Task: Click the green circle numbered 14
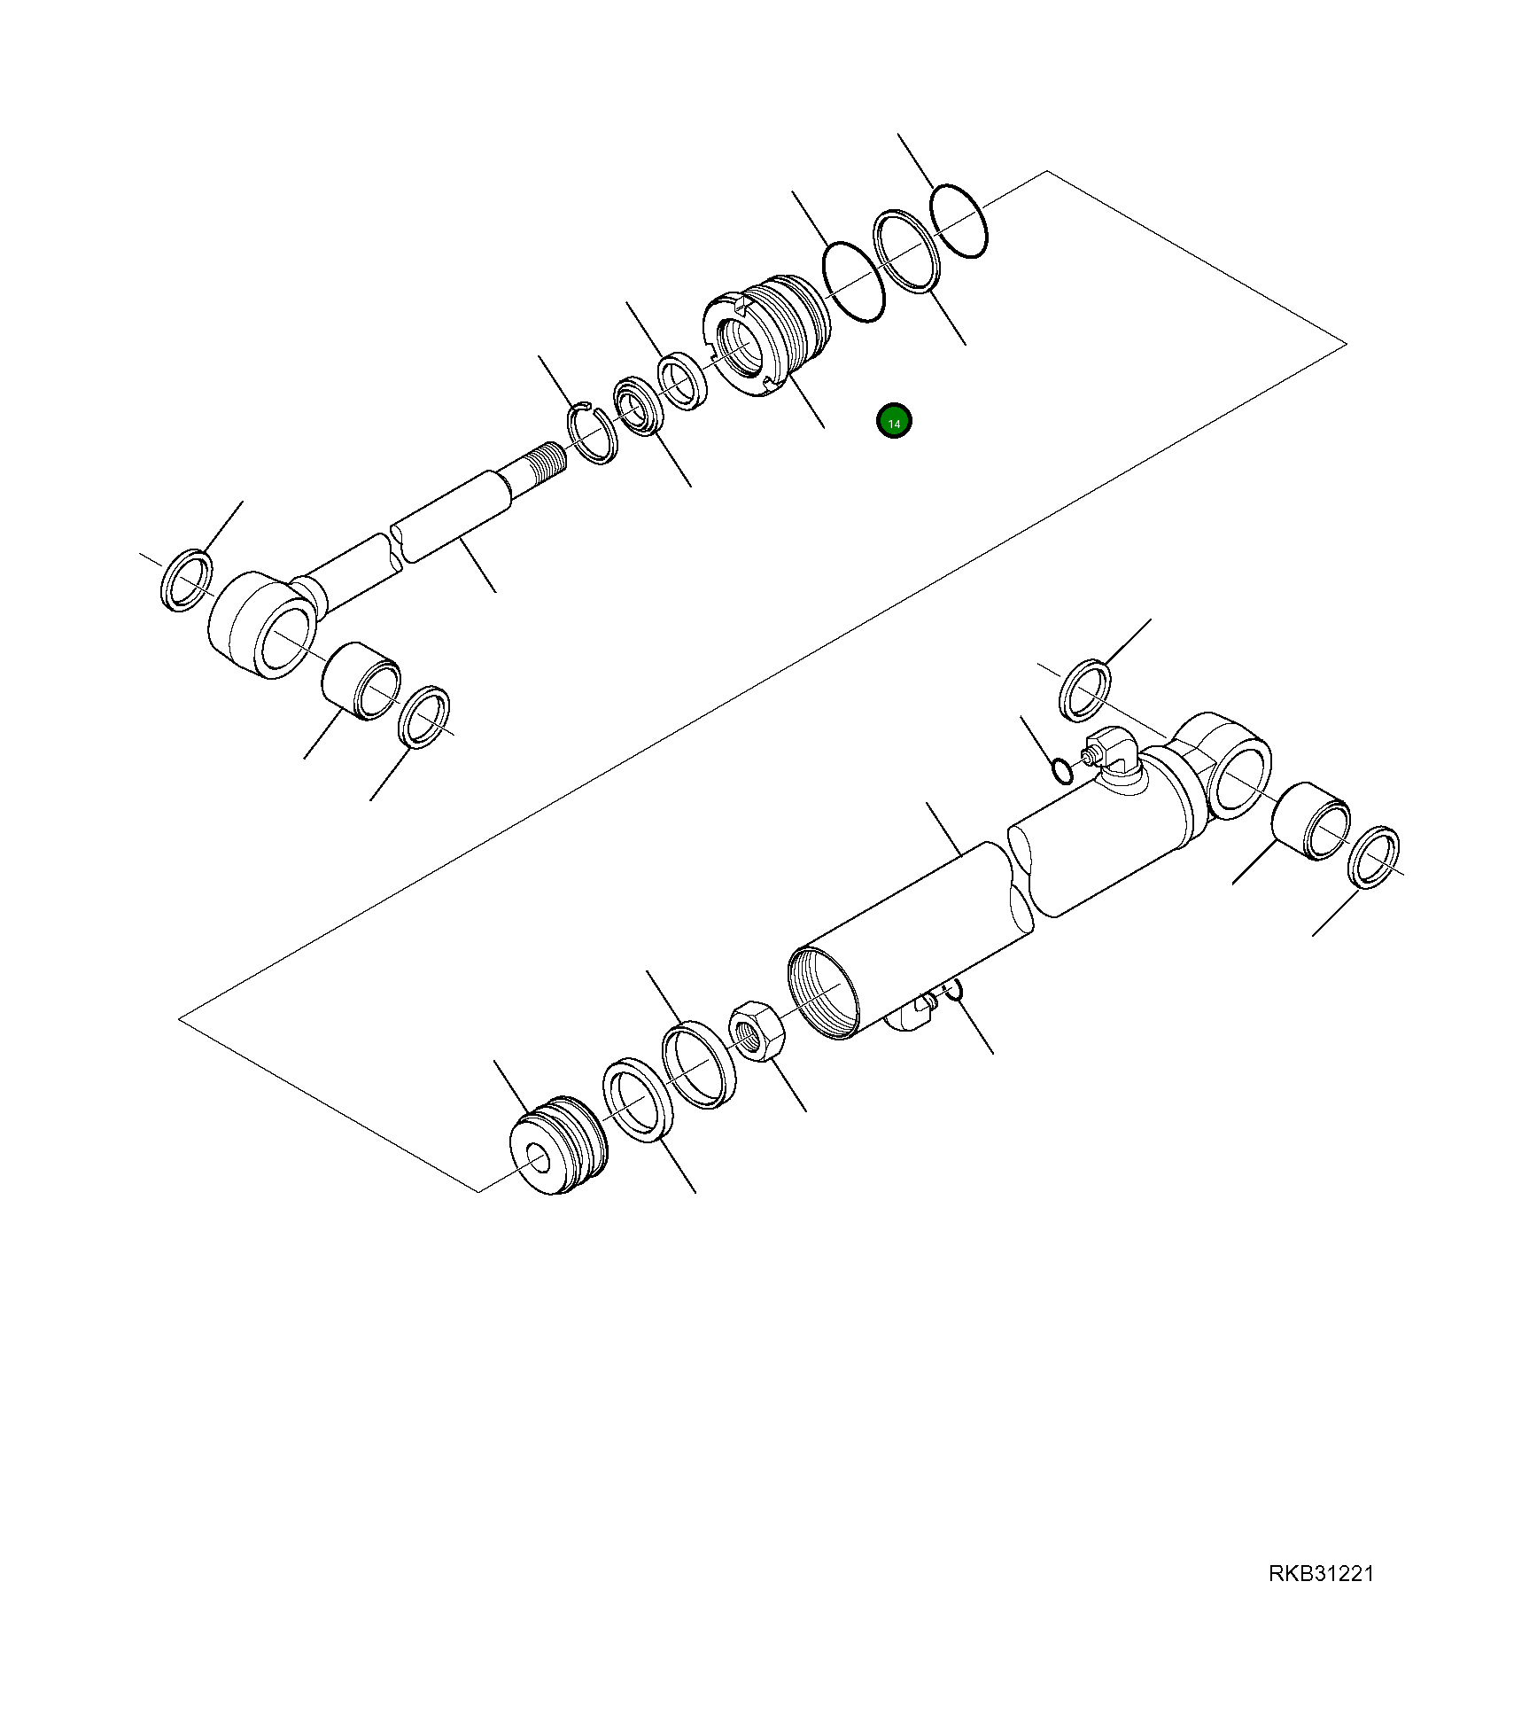coord(894,423)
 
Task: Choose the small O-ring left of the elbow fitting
coord(1060,771)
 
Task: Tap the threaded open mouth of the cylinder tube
coord(821,992)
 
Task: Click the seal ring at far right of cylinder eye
coord(1373,857)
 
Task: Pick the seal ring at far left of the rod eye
coord(187,580)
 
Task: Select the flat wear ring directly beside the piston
coord(638,1099)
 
